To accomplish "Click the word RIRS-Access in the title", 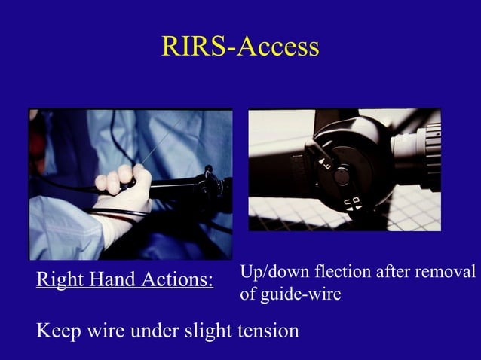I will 240,47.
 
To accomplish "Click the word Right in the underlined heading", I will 58,281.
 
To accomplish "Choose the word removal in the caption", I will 446,272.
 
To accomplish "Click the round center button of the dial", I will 342,176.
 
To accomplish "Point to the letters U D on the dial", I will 352,204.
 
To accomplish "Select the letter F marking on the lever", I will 324,160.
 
